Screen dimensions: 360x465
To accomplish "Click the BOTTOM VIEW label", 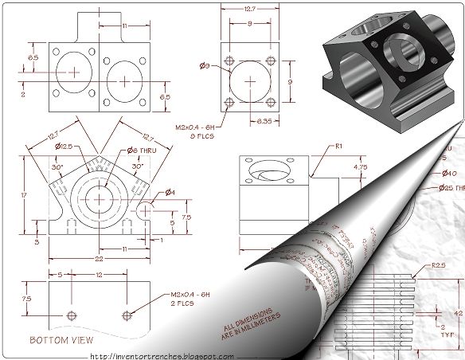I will pyautogui.click(x=57, y=340).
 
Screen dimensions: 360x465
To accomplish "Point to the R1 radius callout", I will pyautogui.click(x=338, y=147).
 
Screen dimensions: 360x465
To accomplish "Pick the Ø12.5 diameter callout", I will pyautogui.click(x=64, y=147).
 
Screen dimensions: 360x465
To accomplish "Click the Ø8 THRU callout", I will pyautogui.click(x=140, y=149).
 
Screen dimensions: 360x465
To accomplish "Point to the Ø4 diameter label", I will pyautogui.click(x=170, y=191).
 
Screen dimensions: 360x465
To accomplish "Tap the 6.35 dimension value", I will pyautogui.click(x=266, y=121).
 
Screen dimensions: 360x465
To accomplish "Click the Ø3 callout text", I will pyautogui.click(x=205, y=66).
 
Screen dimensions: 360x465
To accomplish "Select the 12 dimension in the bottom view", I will pyautogui.click(x=97, y=275).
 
